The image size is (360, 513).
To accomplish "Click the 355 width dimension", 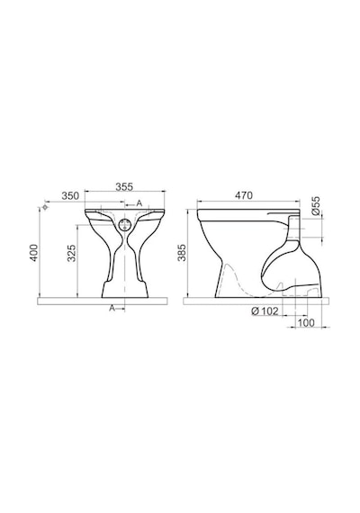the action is (x=124, y=186).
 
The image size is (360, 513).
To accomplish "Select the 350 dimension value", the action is (x=71, y=195).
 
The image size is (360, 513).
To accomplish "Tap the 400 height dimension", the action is (x=34, y=253).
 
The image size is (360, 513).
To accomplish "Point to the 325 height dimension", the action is (x=71, y=253).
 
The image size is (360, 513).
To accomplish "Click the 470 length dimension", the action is (x=244, y=195).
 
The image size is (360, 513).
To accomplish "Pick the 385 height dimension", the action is (x=182, y=253).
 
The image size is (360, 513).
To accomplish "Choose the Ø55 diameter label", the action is (x=316, y=205).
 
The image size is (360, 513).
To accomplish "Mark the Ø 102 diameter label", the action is (x=265, y=310).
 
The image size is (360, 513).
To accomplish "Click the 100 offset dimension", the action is (x=306, y=322).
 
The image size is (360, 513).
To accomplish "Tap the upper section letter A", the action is (x=139, y=203).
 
